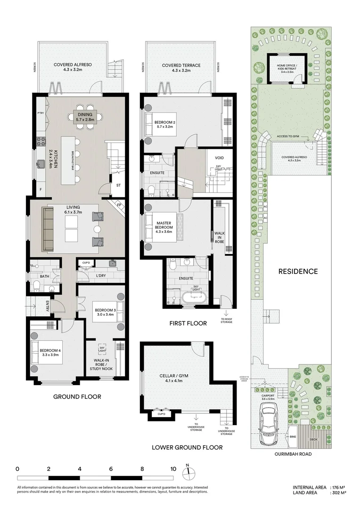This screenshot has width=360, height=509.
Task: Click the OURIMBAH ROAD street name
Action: pyautogui.click(x=292, y=454)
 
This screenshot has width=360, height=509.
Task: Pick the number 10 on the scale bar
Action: pyautogui.click(x=173, y=469)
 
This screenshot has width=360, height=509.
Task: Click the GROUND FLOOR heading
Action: pyautogui.click(x=77, y=397)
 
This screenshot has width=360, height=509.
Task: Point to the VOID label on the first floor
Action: pyautogui.click(x=219, y=158)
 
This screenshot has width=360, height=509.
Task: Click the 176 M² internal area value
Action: pyautogui.click(x=339, y=487)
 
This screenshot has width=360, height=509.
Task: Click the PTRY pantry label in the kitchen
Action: pyautogui.click(x=40, y=113)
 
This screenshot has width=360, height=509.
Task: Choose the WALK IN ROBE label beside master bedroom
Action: pyautogui.click(x=219, y=237)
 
